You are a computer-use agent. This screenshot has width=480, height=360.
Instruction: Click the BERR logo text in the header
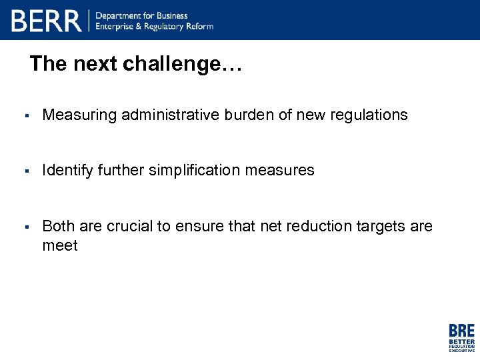tap(46, 21)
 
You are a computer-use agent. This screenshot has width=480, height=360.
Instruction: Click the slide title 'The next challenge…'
tap(136, 64)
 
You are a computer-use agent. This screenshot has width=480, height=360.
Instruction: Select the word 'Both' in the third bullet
tap(57, 227)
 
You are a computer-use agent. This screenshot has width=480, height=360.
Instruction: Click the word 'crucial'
tap(129, 227)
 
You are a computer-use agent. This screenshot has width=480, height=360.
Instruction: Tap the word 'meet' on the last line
tap(60, 246)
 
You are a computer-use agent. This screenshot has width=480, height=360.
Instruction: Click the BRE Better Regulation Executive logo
tap(461, 337)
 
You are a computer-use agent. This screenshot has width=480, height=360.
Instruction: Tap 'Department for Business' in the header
tap(141, 15)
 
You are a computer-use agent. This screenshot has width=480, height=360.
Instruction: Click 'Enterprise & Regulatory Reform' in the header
tap(155, 27)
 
